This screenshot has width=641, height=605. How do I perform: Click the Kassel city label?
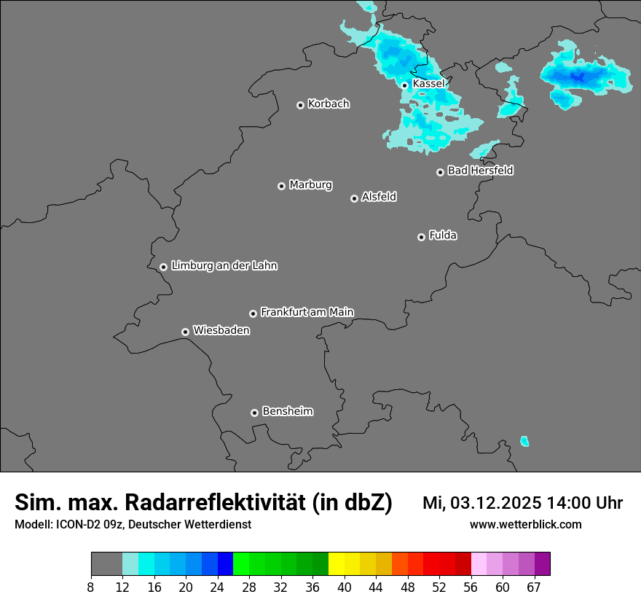point(428,84)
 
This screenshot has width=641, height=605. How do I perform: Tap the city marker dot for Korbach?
point(300,105)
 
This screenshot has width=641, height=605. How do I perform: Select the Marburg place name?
point(310,185)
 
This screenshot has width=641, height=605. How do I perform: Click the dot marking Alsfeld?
point(354,198)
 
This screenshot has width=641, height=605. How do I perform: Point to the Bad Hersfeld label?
point(480,171)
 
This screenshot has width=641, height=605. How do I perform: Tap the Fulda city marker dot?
point(421,237)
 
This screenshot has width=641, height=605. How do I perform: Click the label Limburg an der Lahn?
point(224,266)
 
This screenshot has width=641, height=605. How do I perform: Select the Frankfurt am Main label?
point(307,312)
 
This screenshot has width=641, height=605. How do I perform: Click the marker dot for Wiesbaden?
point(186,332)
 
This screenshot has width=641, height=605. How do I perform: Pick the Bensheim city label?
point(287,411)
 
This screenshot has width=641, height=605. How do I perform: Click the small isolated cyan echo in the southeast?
point(524,441)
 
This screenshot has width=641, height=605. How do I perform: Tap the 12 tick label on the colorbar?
point(122,587)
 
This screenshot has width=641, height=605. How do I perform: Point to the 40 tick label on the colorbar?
point(345,587)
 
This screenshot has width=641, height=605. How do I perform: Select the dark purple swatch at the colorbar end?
point(543,564)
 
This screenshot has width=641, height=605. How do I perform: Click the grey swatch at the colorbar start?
point(106,564)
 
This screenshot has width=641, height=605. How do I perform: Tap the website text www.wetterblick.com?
point(525,524)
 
